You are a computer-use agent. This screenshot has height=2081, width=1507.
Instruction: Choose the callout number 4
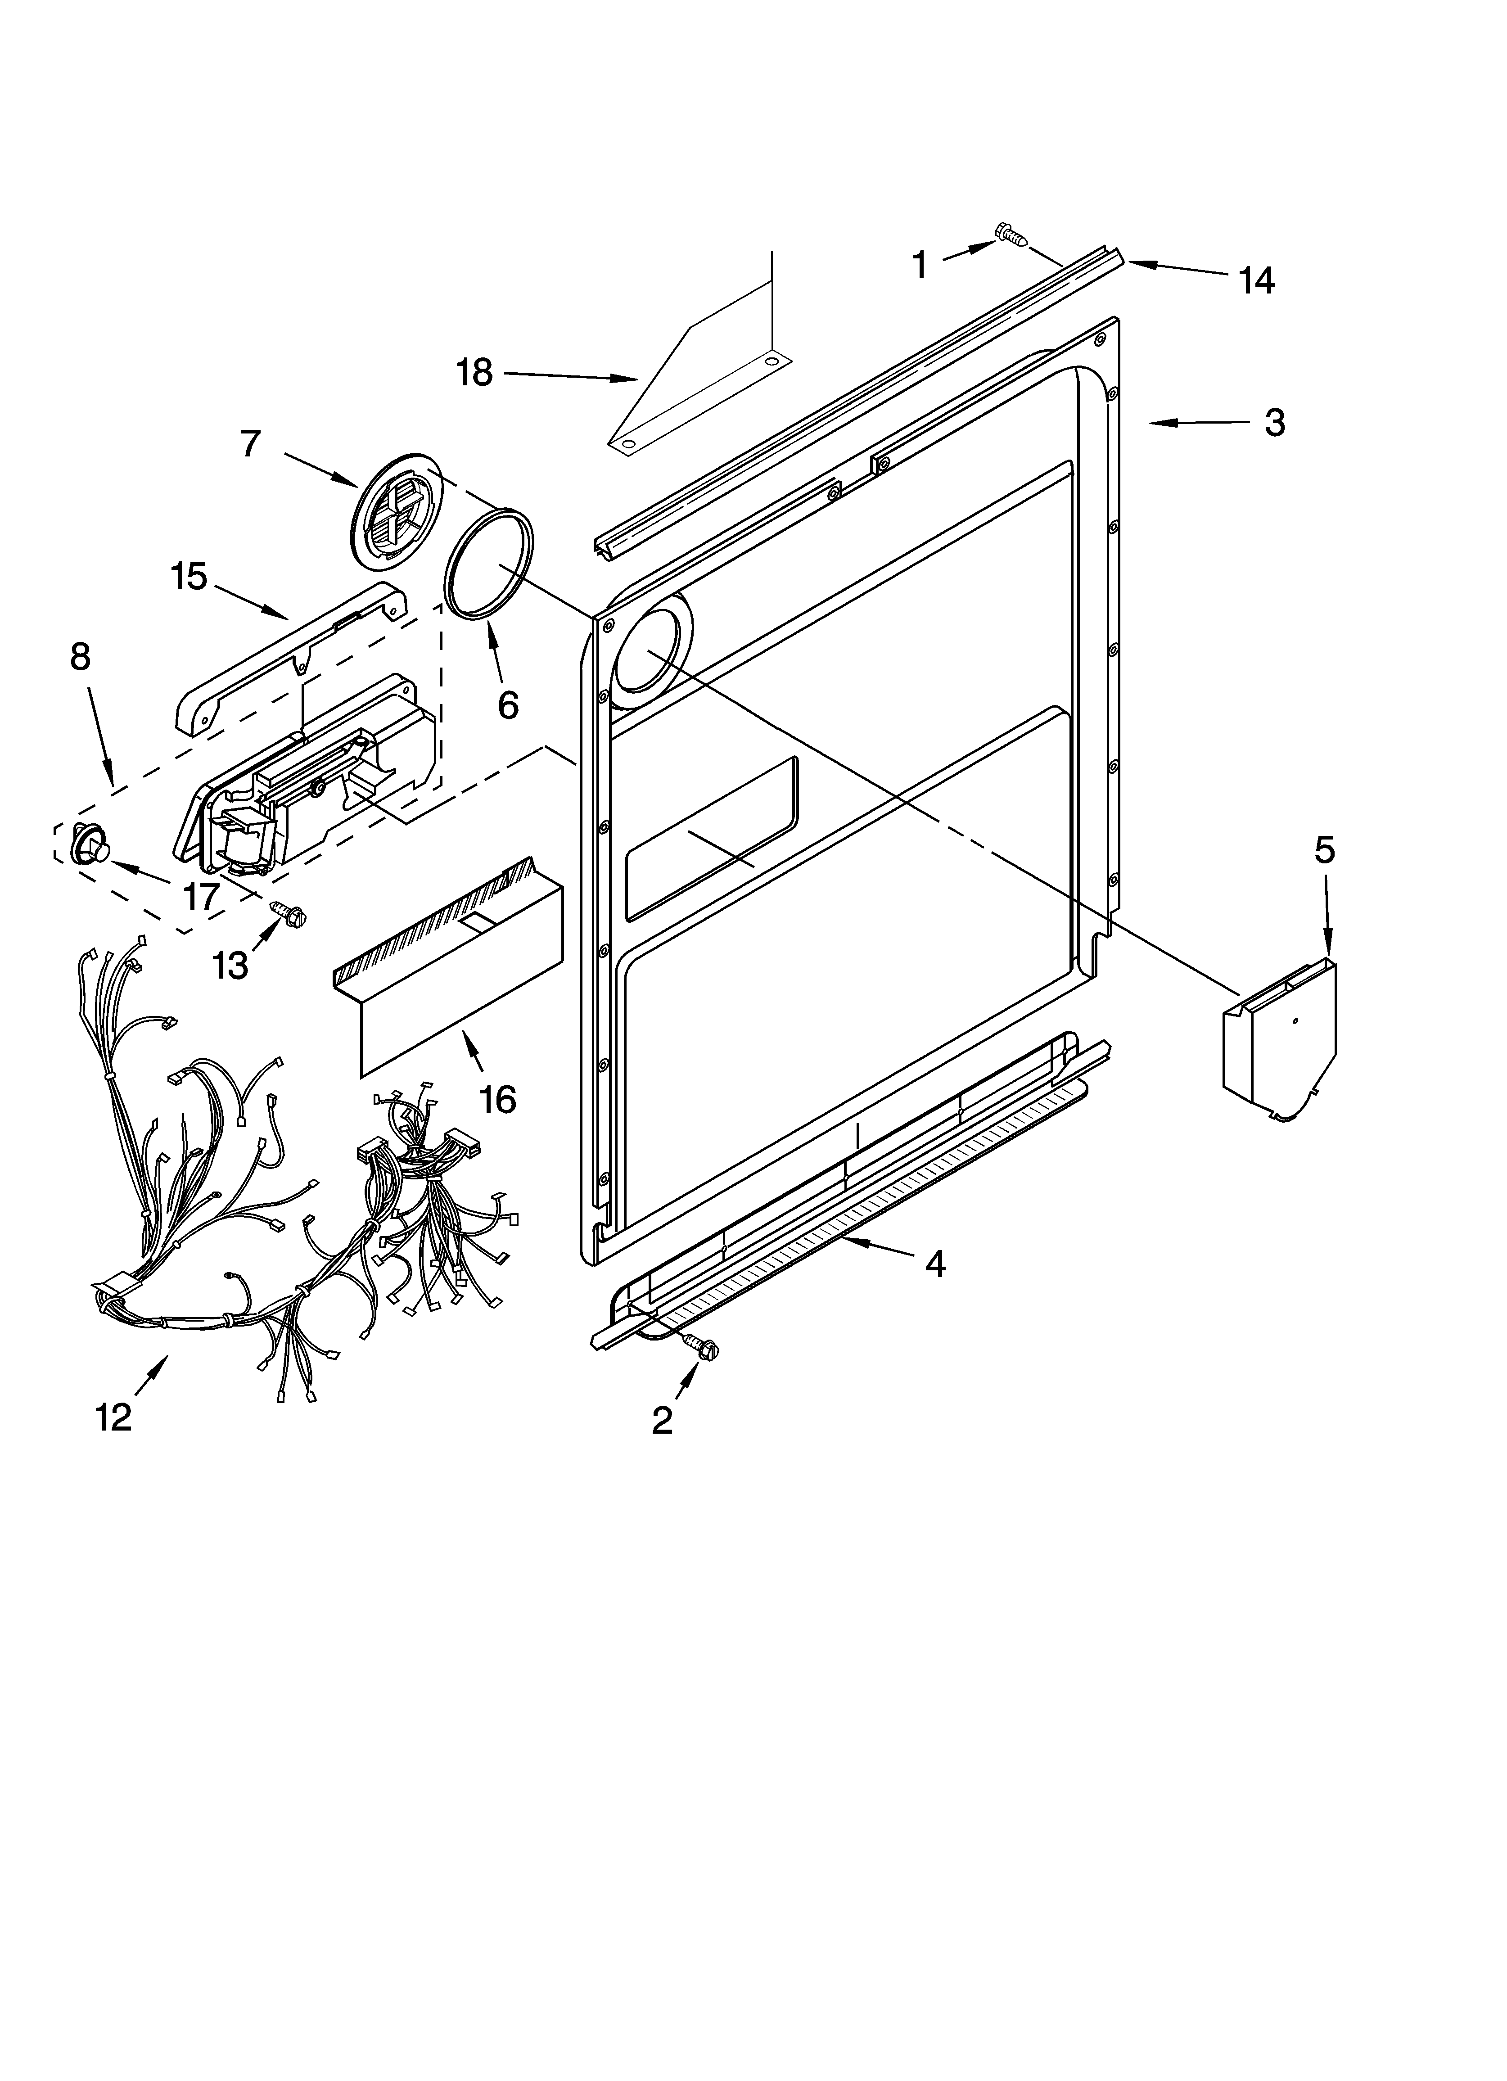(934, 1264)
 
